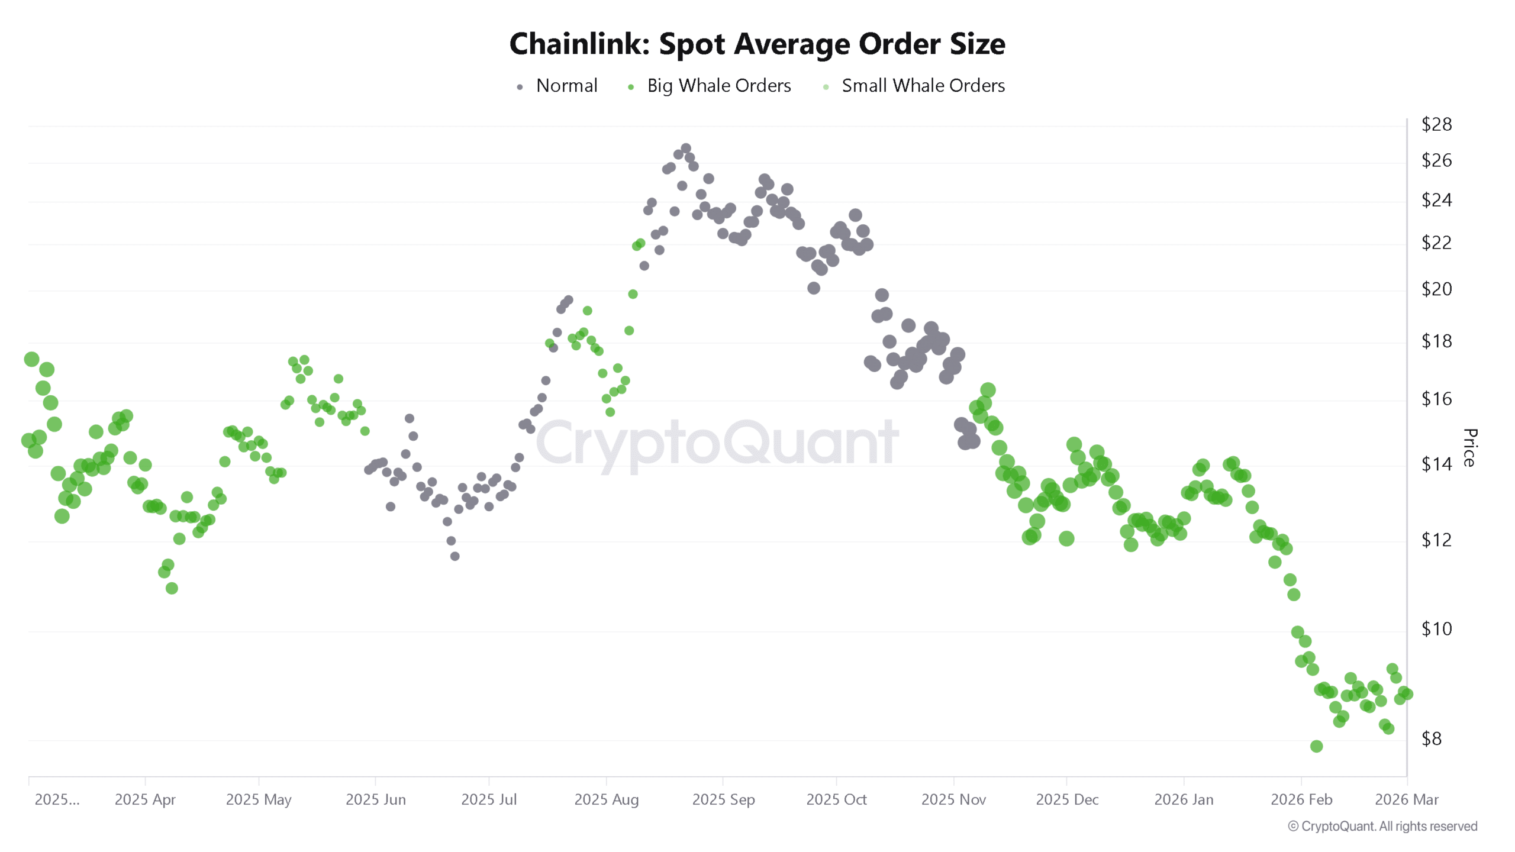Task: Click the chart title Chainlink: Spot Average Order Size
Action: (757, 44)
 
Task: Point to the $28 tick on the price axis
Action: (1436, 124)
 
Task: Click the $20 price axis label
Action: (1436, 289)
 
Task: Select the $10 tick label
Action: (1436, 628)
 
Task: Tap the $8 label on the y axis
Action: (1432, 738)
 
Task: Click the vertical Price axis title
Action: (1469, 448)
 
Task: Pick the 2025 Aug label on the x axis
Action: (606, 799)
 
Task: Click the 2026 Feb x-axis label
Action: (1301, 799)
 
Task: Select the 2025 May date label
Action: (259, 799)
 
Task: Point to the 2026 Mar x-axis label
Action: (1406, 799)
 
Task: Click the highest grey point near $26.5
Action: (685, 149)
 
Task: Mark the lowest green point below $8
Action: (1316, 746)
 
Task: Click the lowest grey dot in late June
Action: (454, 556)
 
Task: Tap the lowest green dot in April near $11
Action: (172, 588)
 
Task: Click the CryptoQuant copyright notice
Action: (1382, 826)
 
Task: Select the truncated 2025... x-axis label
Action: (57, 799)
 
